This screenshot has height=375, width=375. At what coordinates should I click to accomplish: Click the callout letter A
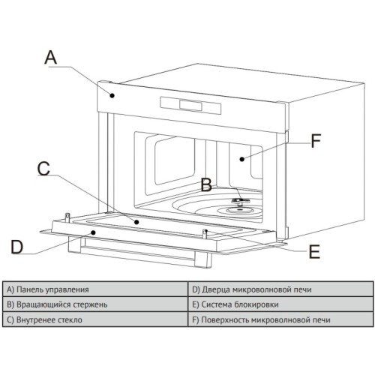coord(50,57)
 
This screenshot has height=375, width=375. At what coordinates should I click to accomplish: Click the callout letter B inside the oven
coord(206,185)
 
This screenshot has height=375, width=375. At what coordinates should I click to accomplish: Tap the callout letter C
coord(43,168)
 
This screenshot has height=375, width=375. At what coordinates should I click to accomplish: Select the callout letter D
coord(17,247)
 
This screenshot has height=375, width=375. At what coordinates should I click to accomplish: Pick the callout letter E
coord(314,251)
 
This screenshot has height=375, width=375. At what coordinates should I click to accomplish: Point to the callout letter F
coord(316,141)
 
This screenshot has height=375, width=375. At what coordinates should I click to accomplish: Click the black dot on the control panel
coord(112,95)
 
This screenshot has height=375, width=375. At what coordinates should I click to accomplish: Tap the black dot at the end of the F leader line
coord(241,159)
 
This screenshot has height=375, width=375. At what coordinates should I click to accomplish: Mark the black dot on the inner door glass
coord(136,222)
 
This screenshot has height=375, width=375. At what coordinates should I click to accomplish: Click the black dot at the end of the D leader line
coord(93,232)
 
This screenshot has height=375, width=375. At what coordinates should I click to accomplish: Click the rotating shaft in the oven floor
coord(240,202)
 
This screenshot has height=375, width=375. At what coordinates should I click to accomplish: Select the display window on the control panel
coord(190,105)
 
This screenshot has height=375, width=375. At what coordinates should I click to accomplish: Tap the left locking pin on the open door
coord(67,217)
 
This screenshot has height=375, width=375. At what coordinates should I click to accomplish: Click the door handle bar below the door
coord(140,253)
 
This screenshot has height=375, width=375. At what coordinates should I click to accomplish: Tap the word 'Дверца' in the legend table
coord(216,290)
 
